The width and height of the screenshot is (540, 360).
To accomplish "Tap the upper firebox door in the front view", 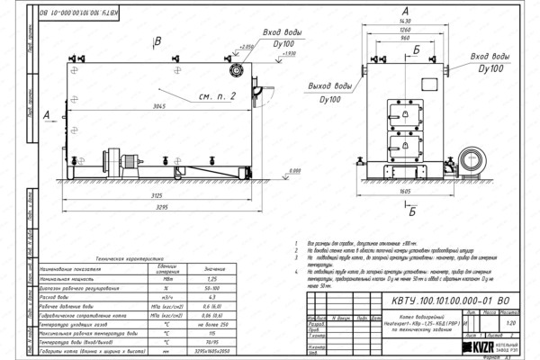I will click(399, 114).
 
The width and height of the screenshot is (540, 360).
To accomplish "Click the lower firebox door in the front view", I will click(399, 143).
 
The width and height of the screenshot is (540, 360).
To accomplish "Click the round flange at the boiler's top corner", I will click(238, 70).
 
